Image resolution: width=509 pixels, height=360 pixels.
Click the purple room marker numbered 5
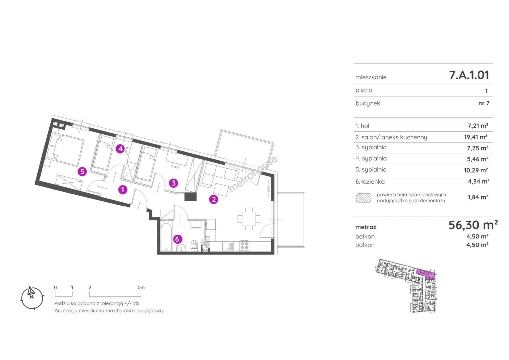coord(82,171)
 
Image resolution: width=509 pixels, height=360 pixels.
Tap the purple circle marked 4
coord(121,149)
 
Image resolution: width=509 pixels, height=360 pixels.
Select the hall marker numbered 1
coord(123,189)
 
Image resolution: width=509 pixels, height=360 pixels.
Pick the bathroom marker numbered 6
coord(178,239)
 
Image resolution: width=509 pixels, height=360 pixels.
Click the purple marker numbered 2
coord(214,199)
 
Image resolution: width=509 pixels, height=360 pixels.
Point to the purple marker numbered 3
coord(174,183)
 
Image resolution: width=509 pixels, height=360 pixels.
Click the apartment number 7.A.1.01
coord(469,75)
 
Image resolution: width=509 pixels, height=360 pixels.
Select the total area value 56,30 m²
coord(473,225)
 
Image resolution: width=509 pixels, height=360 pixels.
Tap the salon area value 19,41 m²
coord(475,137)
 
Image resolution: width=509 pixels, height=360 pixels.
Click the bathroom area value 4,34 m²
coord(478,181)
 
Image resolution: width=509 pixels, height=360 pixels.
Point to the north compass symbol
coord(32,298)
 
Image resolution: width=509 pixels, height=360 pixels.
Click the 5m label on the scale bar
coord(141,287)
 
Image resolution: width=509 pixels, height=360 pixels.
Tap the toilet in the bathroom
coord(195,245)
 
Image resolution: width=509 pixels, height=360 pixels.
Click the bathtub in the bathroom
coord(166,237)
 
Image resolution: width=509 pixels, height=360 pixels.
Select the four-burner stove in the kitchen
coord(244,246)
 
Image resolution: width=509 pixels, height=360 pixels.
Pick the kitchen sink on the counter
coord(228,246)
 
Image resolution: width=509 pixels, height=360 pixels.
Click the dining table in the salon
coord(249,219)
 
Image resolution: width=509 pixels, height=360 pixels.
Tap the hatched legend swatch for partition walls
coord(363,198)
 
